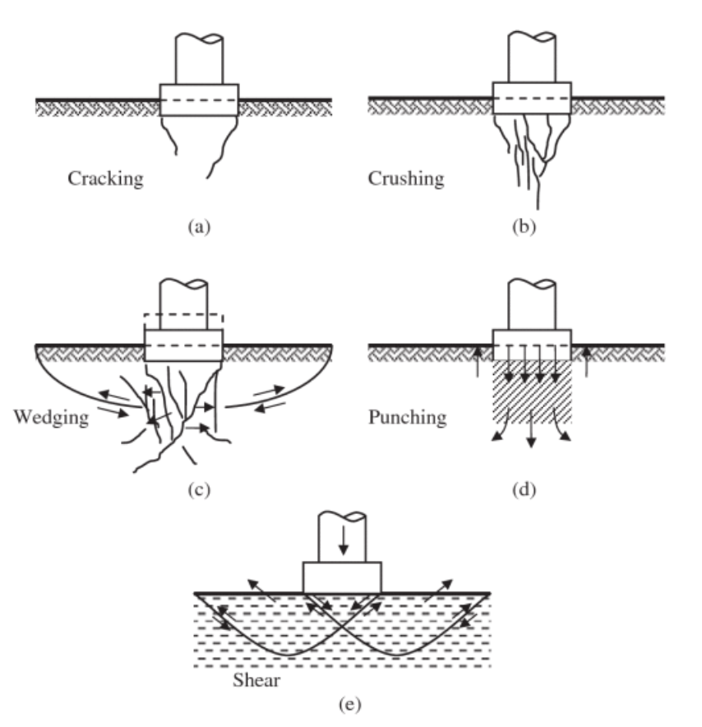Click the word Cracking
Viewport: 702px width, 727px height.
(105, 178)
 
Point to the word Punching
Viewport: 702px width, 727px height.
(408, 417)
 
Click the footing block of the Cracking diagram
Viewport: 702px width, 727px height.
(199, 100)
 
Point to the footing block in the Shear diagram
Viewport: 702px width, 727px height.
(342, 577)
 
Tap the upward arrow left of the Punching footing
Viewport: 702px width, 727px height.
(478, 360)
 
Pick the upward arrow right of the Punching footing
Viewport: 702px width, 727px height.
(585, 360)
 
